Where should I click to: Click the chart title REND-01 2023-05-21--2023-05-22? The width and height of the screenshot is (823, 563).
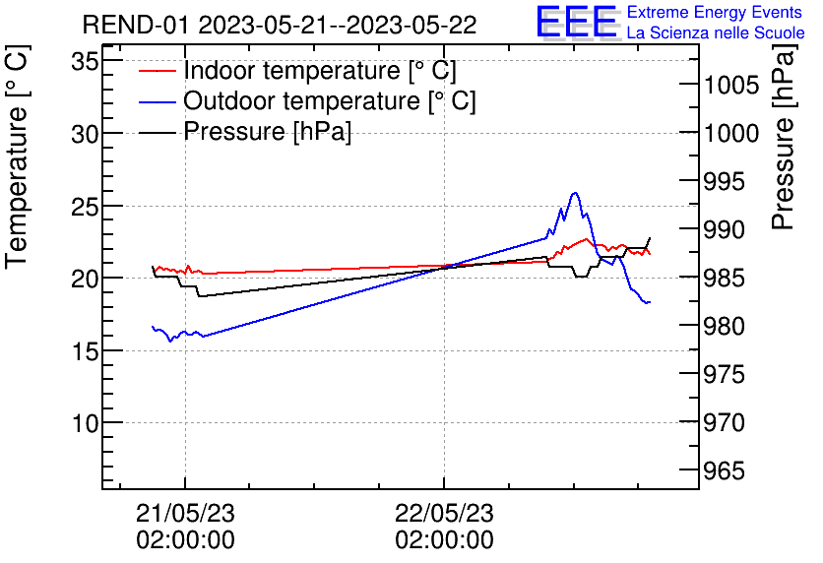279,25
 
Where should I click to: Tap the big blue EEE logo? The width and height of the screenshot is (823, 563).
576,24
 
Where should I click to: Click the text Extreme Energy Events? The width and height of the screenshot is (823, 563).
714,13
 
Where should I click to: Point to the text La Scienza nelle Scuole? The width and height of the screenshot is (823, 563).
716,33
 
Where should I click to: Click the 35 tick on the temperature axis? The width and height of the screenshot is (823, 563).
86,62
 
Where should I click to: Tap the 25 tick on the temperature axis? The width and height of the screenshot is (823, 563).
86,207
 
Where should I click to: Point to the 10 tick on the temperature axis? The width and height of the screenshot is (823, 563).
86,423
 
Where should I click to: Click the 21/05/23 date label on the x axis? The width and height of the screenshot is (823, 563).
185,513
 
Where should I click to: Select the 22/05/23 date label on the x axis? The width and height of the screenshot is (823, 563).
444,513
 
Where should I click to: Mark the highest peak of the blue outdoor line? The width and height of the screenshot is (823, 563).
575,193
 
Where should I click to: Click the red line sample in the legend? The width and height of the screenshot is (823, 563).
158,71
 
